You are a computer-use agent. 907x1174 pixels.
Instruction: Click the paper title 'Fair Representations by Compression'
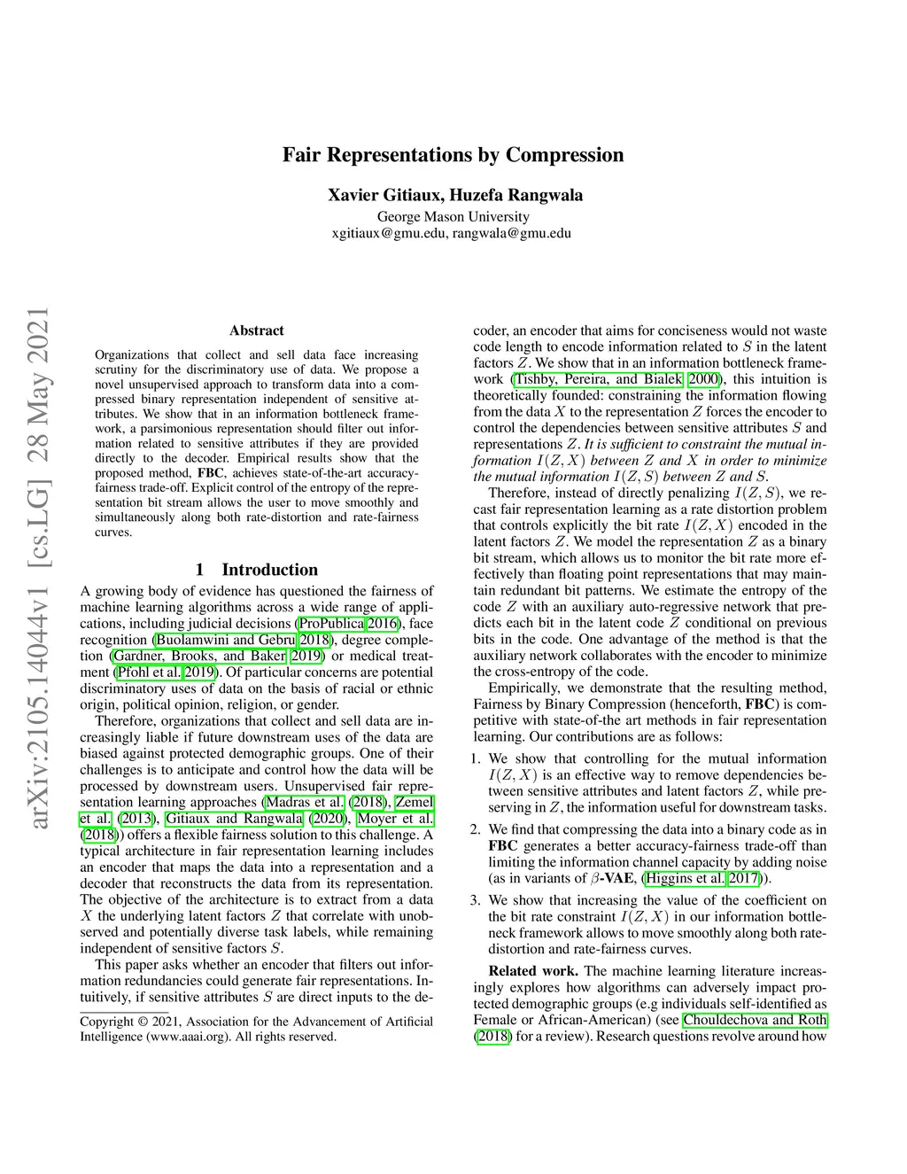click(x=453, y=155)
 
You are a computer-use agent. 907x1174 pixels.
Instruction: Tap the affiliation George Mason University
click(x=453, y=216)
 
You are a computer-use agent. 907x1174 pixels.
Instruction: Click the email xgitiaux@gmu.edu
click(x=389, y=233)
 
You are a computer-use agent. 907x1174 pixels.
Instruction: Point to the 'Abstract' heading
click(x=257, y=330)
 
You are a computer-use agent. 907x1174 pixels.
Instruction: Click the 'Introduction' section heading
click(x=269, y=570)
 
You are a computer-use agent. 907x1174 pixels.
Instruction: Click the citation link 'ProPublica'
click(x=331, y=624)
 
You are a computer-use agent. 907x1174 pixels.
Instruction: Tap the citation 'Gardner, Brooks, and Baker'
click(x=199, y=656)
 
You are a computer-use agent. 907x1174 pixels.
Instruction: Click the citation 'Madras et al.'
click(x=305, y=802)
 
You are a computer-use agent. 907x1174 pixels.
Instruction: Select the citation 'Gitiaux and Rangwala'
click(x=234, y=818)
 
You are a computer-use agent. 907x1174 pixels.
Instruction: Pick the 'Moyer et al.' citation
click(x=395, y=818)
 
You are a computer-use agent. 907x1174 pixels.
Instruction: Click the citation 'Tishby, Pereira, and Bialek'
click(x=599, y=379)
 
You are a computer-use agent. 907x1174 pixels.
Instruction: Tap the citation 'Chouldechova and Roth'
click(x=755, y=1020)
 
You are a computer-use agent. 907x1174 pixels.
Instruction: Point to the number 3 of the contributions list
click(x=475, y=900)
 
